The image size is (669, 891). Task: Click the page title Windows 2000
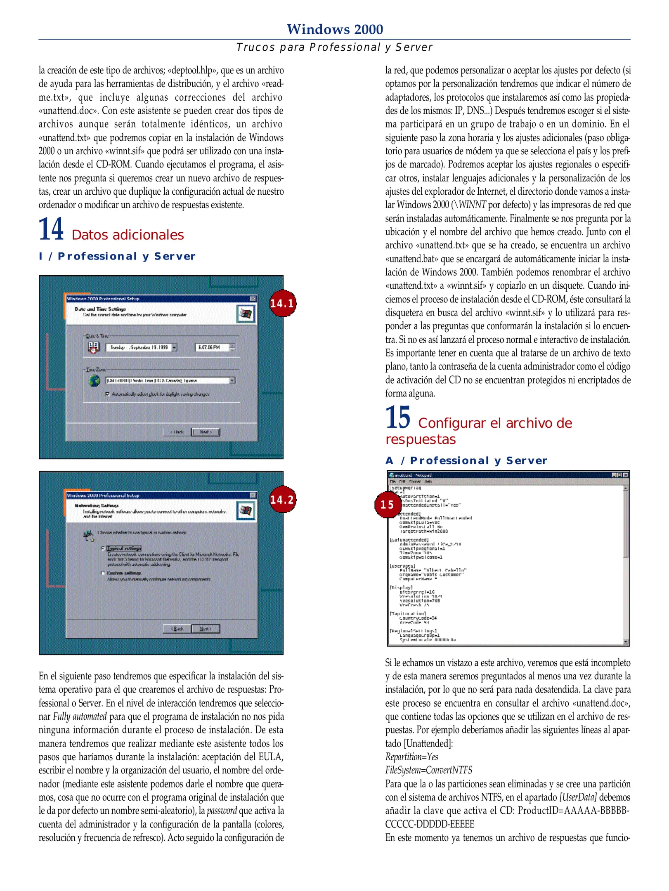pos(335,29)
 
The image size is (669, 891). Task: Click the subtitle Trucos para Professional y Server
pos(334,47)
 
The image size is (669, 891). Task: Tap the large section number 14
pos(51,229)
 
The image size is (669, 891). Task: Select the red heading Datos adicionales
pos(128,235)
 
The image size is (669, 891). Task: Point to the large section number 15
pos(397,417)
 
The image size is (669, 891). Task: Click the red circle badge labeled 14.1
pos(282,303)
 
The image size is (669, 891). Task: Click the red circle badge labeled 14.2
pos(282,500)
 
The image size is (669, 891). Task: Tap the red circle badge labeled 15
pos(387,504)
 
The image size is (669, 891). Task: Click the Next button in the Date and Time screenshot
pos(206,432)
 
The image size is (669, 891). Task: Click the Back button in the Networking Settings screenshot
pos(177,629)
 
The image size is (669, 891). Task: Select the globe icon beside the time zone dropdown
pos(94,380)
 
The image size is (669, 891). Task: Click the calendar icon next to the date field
pos(94,347)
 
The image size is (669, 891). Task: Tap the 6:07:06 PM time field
pos(211,347)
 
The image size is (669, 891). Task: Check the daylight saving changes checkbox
pos(108,394)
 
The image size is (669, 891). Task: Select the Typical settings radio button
pos(103,548)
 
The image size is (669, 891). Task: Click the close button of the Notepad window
pos(626,475)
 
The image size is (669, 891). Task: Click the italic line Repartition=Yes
pos(411,757)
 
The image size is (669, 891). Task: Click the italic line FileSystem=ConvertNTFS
pos(428,770)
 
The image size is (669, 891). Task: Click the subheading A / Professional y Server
pos(466,460)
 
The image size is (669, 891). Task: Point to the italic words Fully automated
pos(80,716)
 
